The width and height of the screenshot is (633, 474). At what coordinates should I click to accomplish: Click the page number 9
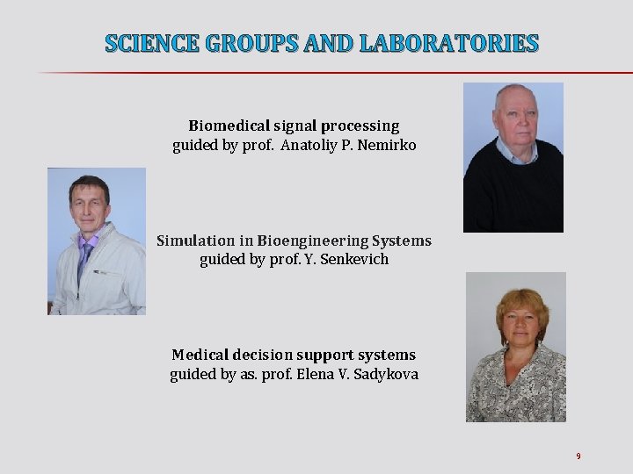pos(578,456)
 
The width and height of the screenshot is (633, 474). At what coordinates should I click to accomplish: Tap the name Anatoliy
pos(310,145)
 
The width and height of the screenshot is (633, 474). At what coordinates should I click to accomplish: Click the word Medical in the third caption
pos(201,355)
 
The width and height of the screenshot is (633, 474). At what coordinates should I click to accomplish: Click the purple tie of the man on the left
pos(85,259)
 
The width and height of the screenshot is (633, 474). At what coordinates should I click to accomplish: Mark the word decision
pos(264,355)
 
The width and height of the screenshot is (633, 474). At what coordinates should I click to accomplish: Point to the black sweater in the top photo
pos(513,197)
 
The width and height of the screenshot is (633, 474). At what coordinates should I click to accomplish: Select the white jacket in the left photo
pos(114,276)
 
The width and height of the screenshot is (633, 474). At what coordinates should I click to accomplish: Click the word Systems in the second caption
pos(402,241)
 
